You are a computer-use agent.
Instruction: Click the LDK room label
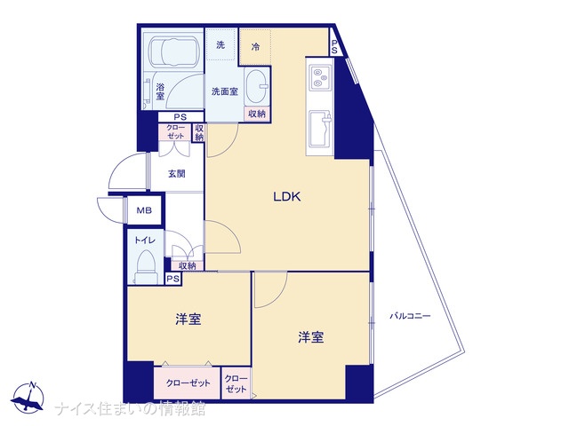coord(286,197)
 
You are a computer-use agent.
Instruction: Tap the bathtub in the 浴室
coord(173,51)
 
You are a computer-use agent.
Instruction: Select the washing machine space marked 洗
coord(220,45)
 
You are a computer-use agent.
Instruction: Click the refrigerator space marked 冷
coord(255,47)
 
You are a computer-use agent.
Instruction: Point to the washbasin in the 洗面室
coord(256,87)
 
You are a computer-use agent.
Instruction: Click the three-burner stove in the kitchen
coord(320,77)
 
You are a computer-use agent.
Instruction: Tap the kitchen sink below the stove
coord(320,129)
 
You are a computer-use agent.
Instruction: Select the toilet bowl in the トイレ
coord(146,267)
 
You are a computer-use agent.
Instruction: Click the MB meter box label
coord(144,210)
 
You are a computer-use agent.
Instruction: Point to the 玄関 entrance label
coord(177,174)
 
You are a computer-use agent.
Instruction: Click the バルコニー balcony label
coord(410,316)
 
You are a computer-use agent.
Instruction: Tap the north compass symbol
coord(28,398)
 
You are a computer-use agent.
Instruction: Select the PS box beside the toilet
coord(173,278)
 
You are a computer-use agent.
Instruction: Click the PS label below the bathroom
coord(180,117)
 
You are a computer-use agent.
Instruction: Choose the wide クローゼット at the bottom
coord(188,383)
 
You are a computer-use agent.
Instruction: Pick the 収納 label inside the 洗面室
coord(257,114)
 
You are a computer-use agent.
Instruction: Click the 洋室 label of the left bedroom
coord(188,319)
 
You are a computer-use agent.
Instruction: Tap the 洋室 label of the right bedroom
coord(310,337)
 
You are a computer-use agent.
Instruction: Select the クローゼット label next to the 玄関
coord(176,132)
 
